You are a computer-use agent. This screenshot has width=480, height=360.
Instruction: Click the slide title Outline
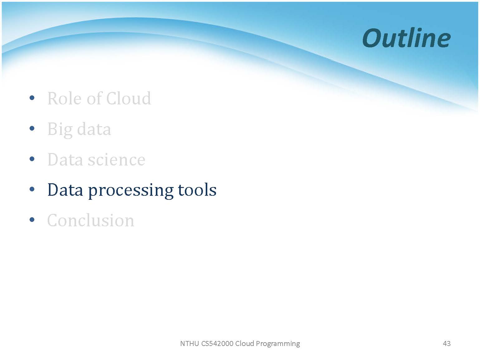[406, 38]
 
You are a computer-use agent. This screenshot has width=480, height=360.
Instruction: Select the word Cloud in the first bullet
[129, 98]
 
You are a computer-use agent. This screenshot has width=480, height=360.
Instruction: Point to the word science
[117, 160]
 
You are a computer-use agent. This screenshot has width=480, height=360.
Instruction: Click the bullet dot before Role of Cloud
[32, 98]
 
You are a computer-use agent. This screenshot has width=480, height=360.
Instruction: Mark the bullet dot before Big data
[32, 128]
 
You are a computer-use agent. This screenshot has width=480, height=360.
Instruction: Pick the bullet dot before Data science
[32, 159]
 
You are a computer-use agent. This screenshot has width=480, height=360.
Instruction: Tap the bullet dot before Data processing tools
[32, 189]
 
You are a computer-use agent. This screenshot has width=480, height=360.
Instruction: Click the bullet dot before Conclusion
[32, 219]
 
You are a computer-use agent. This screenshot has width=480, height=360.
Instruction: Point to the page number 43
[447, 343]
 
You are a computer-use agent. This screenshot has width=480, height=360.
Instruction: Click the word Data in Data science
[65, 160]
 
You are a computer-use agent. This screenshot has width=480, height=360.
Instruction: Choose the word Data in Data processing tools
[65, 190]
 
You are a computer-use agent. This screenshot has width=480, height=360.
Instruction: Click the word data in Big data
[94, 129]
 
